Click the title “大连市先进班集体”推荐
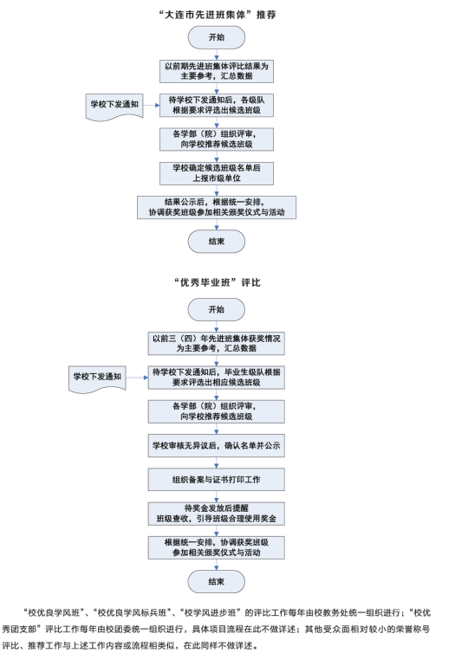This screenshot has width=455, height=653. [x=217, y=15]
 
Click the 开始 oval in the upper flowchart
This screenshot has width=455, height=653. [x=217, y=37]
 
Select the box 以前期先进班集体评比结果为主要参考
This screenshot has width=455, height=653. [x=217, y=71]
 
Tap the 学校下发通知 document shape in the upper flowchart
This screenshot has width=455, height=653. [x=114, y=107]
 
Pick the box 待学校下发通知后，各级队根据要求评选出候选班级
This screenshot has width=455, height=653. [x=217, y=106]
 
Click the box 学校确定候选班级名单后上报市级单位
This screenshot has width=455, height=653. [x=217, y=173]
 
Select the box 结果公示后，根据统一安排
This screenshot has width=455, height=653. [x=217, y=207]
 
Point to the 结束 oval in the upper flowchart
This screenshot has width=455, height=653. [x=217, y=242]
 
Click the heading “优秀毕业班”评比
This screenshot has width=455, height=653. [x=217, y=283]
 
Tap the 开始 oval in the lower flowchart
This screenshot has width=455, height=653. [x=217, y=309]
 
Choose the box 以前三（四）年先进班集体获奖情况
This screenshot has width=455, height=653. [x=217, y=344]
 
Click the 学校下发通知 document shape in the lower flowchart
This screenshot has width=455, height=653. [x=97, y=379]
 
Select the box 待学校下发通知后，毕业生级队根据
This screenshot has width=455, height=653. [x=217, y=378]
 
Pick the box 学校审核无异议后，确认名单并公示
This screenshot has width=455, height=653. [x=217, y=446]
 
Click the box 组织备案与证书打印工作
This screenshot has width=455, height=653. [x=217, y=480]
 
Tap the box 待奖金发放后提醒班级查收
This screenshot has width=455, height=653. [x=217, y=514]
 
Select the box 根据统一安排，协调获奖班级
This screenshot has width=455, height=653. [x=217, y=547]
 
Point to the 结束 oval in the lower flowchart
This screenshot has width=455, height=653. [x=217, y=582]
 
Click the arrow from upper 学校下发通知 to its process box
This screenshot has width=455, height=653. [x=152, y=106]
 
